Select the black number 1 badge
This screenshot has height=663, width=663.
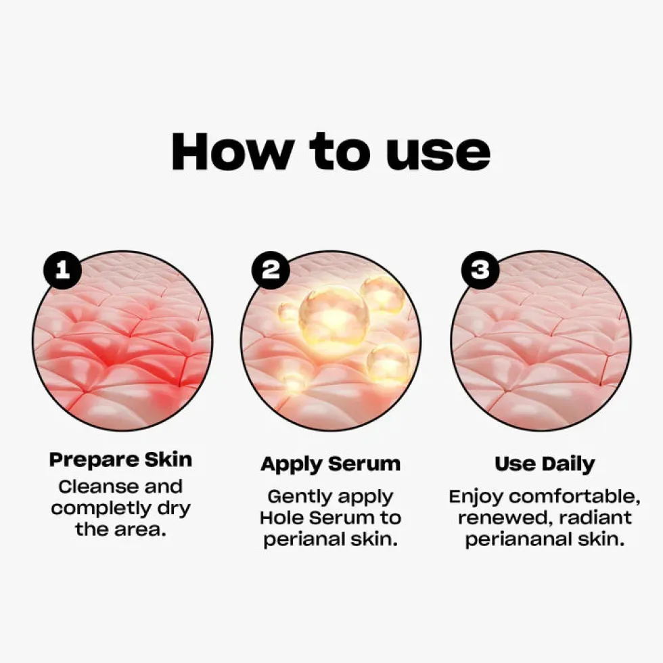coord(62,270)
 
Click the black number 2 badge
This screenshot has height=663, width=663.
coord(271,270)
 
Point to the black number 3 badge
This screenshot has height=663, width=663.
coord(480,270)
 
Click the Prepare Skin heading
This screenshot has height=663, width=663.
coord(120,460)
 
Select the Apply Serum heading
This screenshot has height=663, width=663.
coord(330,464)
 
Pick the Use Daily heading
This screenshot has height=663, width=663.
coord(545,464)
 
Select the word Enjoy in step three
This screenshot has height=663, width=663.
coord(476,497)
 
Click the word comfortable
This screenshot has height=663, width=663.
coord(575,497)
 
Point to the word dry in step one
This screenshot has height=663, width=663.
coord(174,509)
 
